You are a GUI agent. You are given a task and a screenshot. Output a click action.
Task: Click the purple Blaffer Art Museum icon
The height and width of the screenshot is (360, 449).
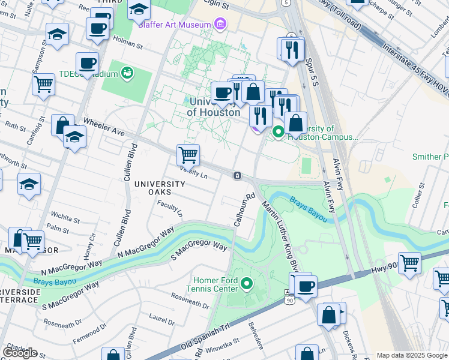click(x=221, y=24)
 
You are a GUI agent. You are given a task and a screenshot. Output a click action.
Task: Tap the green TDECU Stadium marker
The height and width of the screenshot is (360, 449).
click(x=127, y=73)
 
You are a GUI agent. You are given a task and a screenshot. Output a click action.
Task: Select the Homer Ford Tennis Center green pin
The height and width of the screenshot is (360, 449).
click(x=246, y=282)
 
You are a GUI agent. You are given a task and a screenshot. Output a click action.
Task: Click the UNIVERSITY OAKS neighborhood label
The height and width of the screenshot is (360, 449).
click(x=160, y=188)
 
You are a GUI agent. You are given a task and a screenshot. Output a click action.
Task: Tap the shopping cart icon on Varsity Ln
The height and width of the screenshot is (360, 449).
click(x=188, y=155)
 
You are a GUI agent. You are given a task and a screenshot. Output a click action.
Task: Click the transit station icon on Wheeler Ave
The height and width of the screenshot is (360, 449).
click(x=238, y=175)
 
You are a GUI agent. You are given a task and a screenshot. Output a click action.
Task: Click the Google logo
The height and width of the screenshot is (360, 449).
click(x=20, y=353)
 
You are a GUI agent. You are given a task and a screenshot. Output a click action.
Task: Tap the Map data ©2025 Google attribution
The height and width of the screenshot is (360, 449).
click(x=412, y=355)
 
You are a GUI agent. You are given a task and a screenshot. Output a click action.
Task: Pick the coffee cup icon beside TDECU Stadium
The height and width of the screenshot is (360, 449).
click(x=87, y=63)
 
